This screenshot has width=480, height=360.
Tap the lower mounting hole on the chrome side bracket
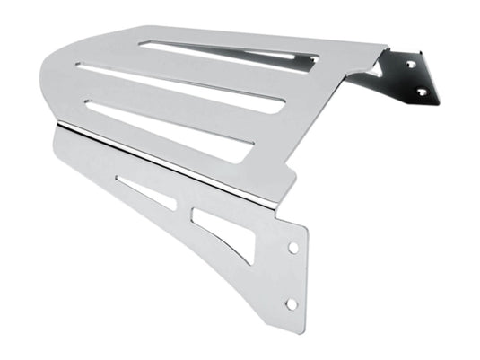[291, 304]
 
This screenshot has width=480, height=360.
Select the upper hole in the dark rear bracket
[413, 65]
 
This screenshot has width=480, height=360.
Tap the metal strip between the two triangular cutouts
[183, 208]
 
